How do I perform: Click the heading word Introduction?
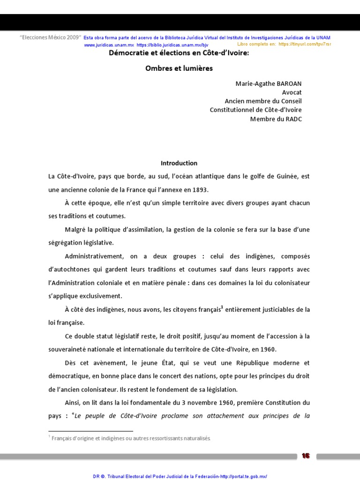click(x=179, y=163)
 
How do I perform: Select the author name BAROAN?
click(x=288, y=83)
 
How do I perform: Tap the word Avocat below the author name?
click(x=292, y=92)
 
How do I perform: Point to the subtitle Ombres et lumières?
click(x=179, y=68)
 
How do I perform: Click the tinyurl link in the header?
click(x=305, y=44)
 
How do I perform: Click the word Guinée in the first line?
click(x=286, y=177)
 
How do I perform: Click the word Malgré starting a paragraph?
click(x=75, y=230)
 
